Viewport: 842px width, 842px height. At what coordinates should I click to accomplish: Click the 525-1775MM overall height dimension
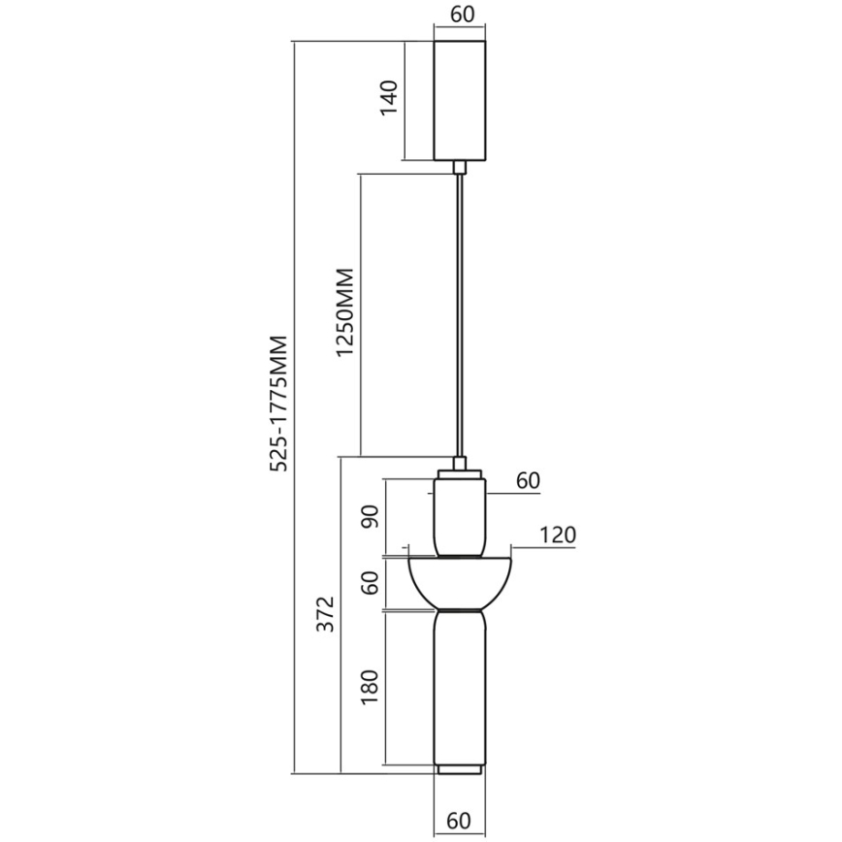click(279, 403)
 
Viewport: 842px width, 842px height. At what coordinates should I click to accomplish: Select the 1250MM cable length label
click(346, 314)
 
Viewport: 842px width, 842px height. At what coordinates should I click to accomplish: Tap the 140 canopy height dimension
click(389, 99)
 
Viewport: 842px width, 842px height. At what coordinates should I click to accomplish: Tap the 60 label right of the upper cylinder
click(528, 481)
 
